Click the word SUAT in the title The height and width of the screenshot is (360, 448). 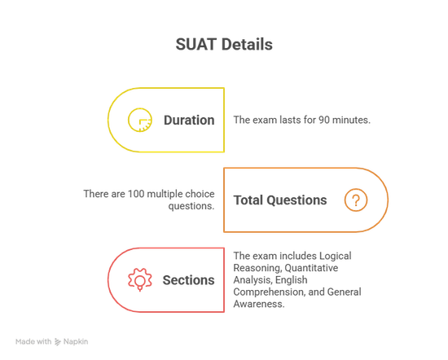196,45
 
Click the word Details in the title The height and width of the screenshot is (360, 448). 247,45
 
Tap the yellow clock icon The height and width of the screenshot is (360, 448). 140,120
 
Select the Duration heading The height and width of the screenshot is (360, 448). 189,120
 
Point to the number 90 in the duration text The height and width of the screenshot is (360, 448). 324,120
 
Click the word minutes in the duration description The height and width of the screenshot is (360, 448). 351,120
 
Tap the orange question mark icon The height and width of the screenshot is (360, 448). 356,200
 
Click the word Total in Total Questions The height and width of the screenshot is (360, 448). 248,200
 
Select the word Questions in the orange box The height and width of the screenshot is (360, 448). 296,200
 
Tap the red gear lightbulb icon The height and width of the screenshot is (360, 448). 140,279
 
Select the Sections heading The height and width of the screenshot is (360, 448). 189,280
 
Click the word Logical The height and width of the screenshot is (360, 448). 335,256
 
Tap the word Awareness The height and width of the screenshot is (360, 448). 259,304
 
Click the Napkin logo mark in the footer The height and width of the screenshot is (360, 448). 58,342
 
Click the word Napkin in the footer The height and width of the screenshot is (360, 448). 76,342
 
